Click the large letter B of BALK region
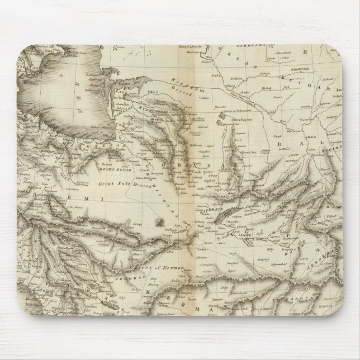click(279, 146)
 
